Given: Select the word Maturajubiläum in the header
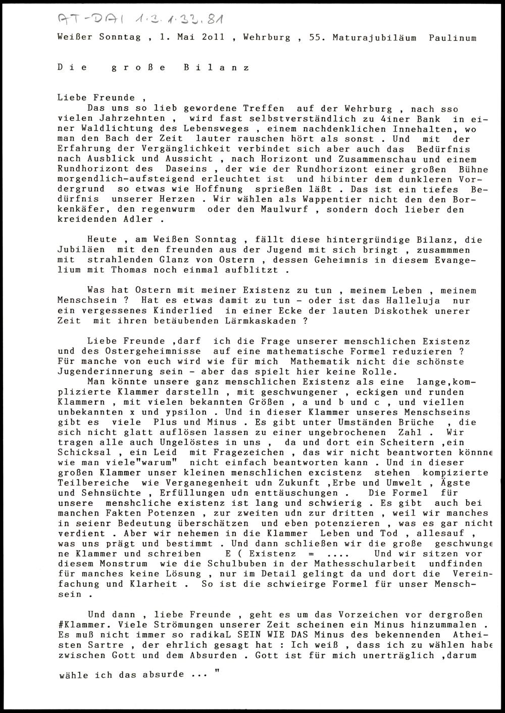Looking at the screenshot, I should point(374,38).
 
